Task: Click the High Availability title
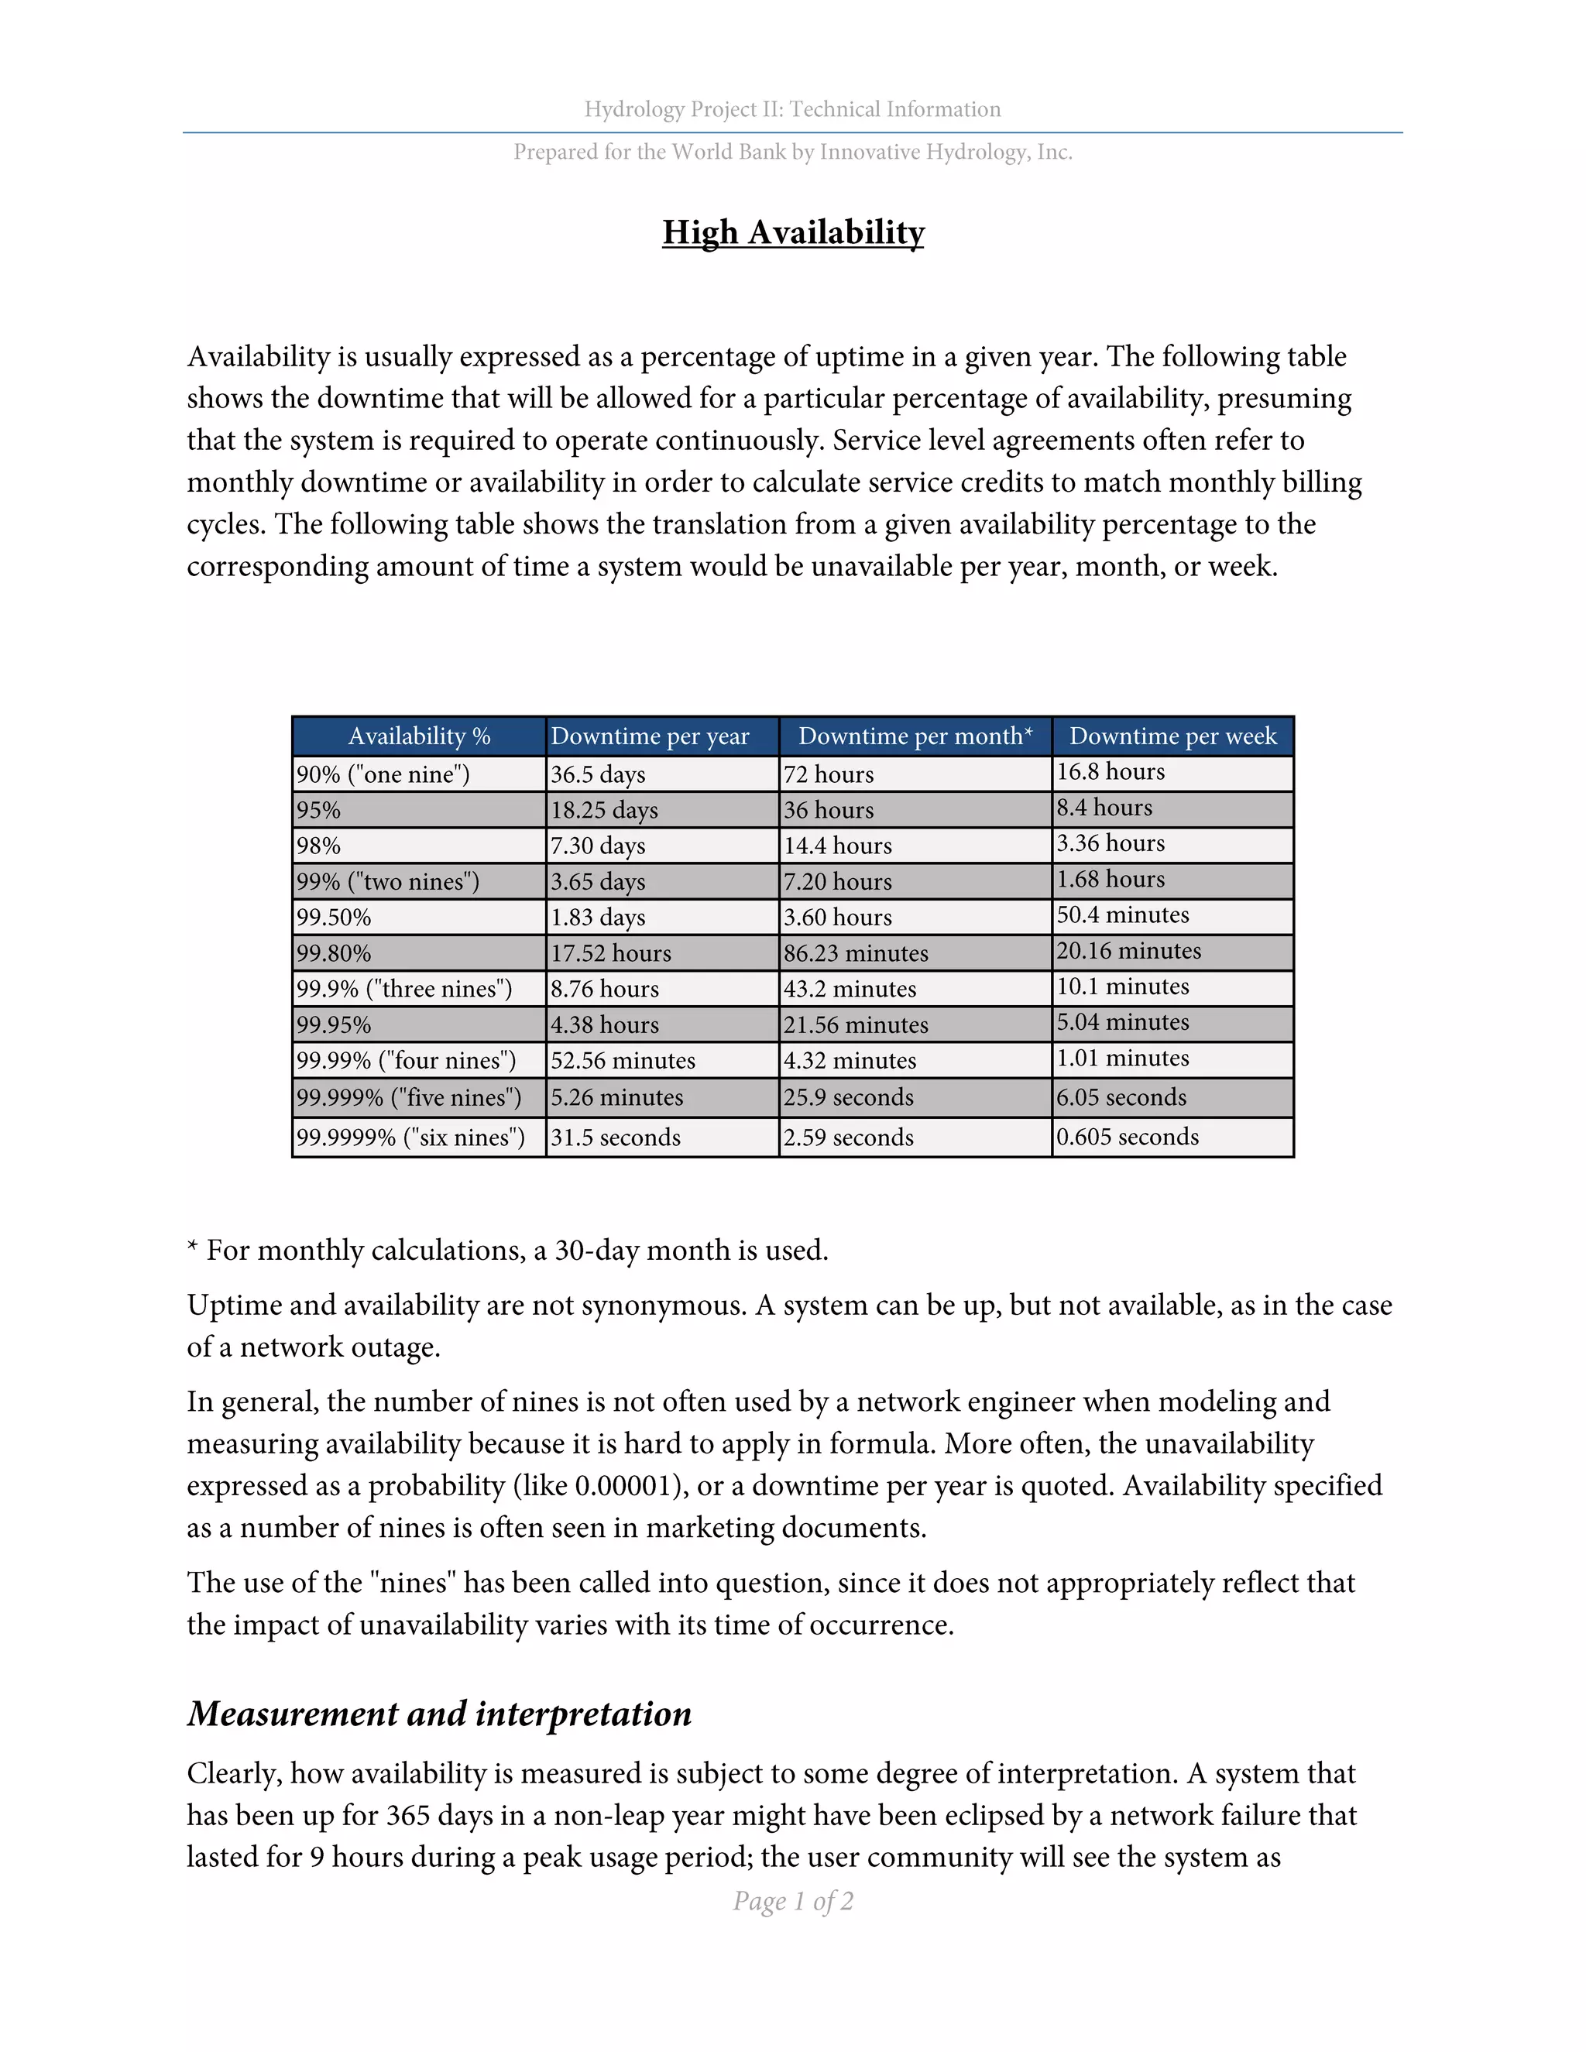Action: click(x=793, y=232)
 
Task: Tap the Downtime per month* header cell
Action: click(x=915, y=736)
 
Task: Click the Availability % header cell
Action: click(x=419, y=736)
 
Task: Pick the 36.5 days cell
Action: click(x=598, y=774)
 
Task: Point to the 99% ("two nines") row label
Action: click(x=388, y=881)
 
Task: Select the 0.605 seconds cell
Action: click(x=1128, y=1137)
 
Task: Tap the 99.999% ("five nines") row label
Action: click(x=409, y=1097)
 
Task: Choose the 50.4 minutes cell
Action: click(x=1123, y=915)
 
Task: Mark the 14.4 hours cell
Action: click(x=838, y=846)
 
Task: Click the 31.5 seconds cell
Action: click(x=616, y=1137)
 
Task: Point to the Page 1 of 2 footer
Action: click(x=793, y=1901)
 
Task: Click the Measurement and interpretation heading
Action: click(x=440, y=1714)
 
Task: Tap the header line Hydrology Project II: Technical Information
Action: click(x=793, y=109)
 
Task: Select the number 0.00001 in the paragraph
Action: click(x=627, y=1485)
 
